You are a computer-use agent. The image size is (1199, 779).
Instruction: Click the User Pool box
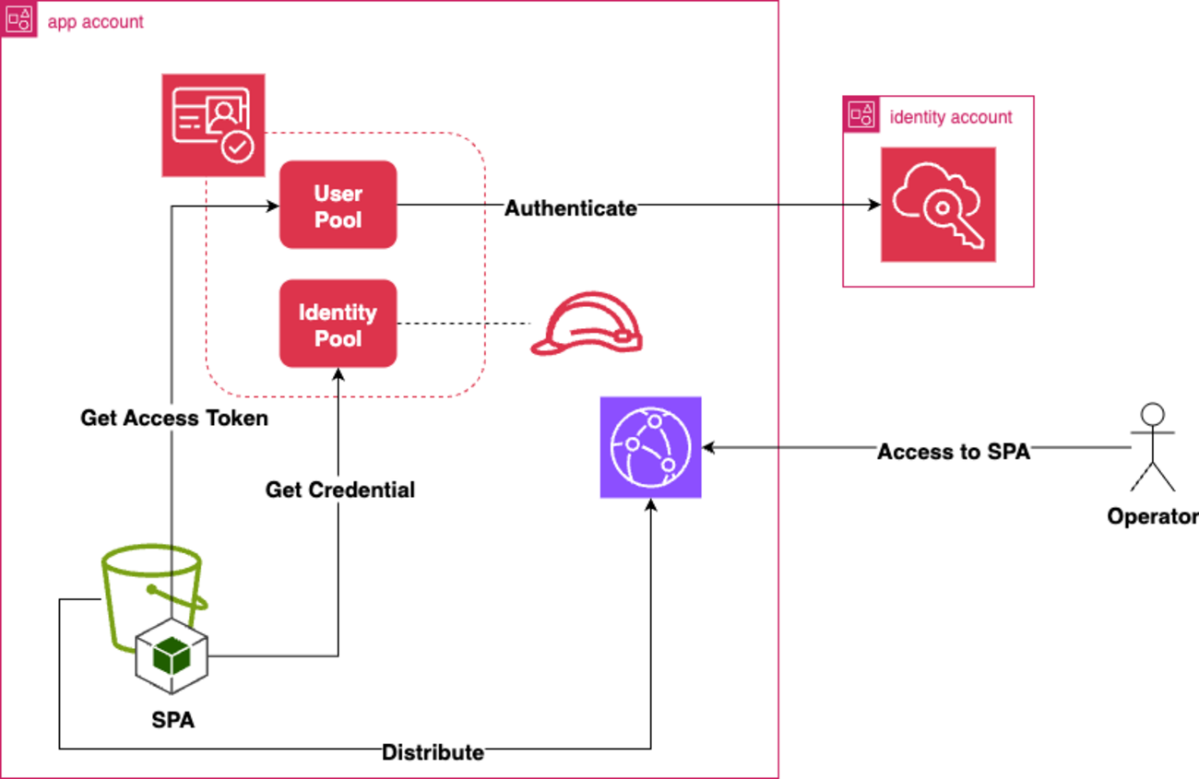338,205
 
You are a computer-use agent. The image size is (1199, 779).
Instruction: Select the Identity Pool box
338,324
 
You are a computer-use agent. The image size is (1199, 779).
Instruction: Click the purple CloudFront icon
650,447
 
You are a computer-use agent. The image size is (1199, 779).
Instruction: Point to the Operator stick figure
1153,447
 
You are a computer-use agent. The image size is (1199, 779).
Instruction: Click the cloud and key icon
937,205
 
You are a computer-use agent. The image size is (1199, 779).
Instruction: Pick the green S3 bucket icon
152,590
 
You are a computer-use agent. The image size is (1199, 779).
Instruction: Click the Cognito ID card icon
213,125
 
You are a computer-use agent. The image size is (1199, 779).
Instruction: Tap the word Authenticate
570,208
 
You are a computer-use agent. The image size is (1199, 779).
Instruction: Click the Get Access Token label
174,419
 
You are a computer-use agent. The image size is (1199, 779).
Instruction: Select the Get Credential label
340,490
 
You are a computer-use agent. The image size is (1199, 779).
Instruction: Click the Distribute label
433,752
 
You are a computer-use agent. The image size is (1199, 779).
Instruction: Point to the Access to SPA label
953,452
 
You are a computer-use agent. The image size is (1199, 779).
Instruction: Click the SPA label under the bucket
172,720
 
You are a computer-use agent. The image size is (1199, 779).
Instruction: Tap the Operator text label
1152,516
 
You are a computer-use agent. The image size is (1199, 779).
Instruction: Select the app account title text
95,21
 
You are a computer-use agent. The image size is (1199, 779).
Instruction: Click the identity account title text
950,117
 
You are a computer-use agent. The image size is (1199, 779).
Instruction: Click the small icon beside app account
19,19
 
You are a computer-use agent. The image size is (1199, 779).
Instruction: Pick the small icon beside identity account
861,114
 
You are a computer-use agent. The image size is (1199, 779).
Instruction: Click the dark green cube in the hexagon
172,655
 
